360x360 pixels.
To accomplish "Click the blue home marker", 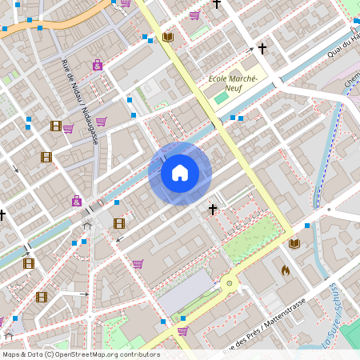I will coord(180,173).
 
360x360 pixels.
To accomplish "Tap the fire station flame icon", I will coord(285,270).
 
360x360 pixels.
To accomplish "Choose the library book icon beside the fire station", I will coord(294,243).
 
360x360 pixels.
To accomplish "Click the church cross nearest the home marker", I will coord(212,210).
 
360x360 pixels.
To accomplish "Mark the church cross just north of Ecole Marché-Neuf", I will coord(262,49).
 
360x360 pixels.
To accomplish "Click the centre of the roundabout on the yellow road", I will coord(229,283).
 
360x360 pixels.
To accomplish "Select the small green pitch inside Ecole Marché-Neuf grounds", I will coord(220,98).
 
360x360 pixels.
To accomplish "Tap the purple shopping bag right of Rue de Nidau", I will coord(98,65).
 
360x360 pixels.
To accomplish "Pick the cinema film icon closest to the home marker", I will coord(119,223).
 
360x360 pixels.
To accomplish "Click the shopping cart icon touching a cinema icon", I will coord(67,128).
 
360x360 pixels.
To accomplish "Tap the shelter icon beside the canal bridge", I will coord(87,226).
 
